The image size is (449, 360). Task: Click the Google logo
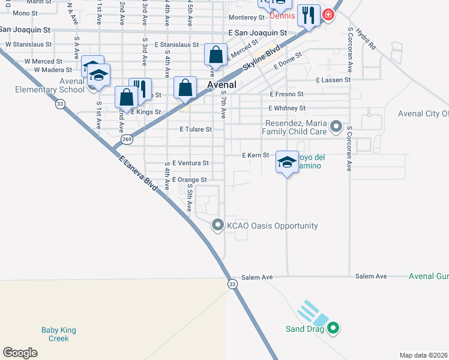point(20,352)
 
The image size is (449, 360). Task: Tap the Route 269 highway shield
point(127,139)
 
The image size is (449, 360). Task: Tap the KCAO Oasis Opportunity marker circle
point(218,226)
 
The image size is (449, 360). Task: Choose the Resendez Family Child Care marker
point(336,127)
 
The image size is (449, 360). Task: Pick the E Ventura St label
point(190,163)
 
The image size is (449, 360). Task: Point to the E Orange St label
point(189,179)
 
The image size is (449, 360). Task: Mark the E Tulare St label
point(196,129)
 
